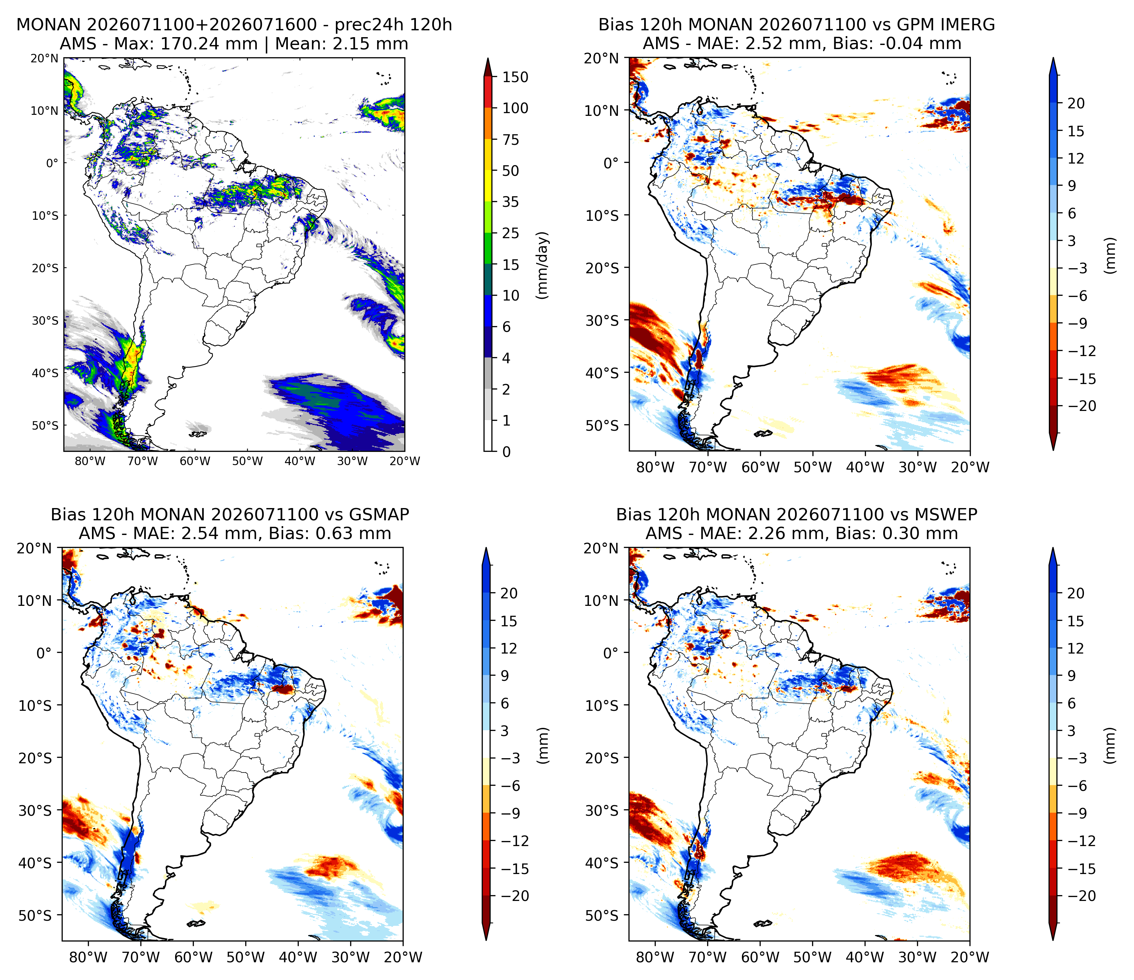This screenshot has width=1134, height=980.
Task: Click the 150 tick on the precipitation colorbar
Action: click(515, 77)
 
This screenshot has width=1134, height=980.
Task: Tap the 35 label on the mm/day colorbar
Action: click(511, 202)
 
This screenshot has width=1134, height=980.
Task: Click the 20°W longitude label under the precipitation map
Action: click(405, 461)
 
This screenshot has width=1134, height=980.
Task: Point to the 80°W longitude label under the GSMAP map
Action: click(89, 957)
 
